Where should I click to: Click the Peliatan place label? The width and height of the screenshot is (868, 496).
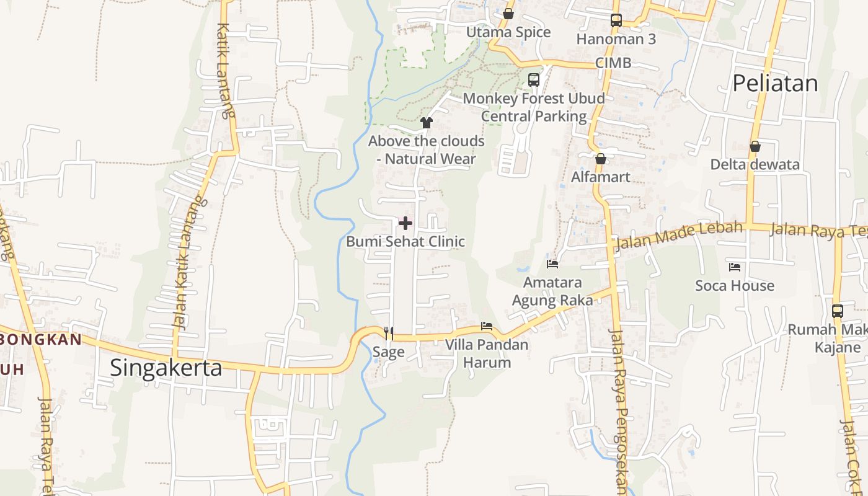775,83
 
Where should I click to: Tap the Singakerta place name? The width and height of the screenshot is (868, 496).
166,368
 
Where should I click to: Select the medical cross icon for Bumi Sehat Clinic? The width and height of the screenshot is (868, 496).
405,223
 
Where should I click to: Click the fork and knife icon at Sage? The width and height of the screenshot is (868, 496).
389,334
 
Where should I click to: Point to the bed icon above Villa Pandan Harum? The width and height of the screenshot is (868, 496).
487,326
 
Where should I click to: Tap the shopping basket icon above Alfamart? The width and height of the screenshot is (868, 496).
600,159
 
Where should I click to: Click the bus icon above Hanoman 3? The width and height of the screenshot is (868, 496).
616,20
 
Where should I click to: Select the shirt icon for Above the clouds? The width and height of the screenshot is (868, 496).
426,123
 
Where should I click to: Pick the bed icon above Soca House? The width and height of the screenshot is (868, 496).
735,267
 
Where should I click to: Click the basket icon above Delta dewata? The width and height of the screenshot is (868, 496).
755,146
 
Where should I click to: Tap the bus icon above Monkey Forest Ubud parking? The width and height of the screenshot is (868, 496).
533,80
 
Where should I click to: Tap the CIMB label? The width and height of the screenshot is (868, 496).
613,63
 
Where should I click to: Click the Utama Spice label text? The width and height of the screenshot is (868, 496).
508,32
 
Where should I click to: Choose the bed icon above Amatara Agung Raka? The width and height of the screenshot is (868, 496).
552,264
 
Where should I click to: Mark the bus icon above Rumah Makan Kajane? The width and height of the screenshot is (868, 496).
837,311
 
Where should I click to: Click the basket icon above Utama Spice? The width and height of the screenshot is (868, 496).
508,14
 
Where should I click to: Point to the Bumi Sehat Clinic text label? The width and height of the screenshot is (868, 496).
405,241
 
